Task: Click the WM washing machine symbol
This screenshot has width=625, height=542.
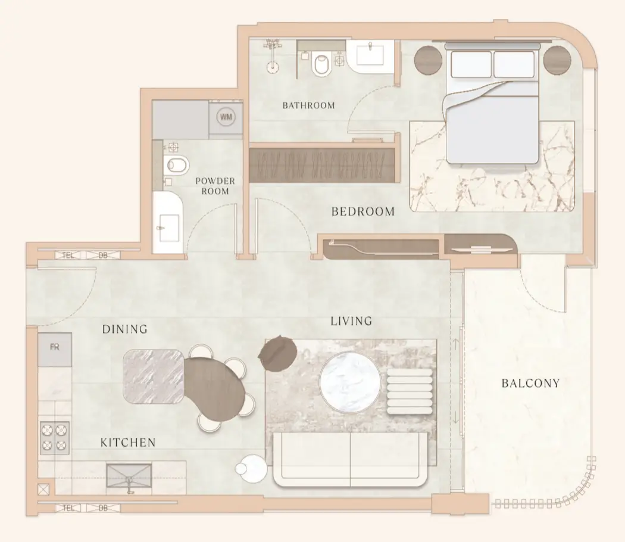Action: (226, 117)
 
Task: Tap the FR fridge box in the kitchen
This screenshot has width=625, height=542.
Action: (55, 350)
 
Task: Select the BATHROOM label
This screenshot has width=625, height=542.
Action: (308, 105)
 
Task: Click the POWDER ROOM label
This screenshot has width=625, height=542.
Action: (215, 186)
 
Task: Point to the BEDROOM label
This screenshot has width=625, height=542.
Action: (363, 211)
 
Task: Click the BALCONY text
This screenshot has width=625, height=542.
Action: (530, 383)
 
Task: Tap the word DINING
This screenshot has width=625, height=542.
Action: (125, 329)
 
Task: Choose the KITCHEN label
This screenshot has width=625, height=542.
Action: (128, 443)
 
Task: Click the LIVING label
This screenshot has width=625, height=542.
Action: (351, 320)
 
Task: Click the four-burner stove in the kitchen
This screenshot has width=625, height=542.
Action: (54, 438)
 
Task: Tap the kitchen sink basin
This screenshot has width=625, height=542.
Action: (129, 475)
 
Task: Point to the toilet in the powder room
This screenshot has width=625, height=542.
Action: (176, 164)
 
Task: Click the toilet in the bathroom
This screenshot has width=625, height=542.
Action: (321, 65)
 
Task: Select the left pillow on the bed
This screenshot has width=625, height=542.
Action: (471, 64)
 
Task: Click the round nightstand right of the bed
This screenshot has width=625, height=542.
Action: (557, 60)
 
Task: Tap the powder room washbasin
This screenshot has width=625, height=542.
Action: (168, 222)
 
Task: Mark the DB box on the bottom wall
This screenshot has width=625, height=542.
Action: (103, 508)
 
